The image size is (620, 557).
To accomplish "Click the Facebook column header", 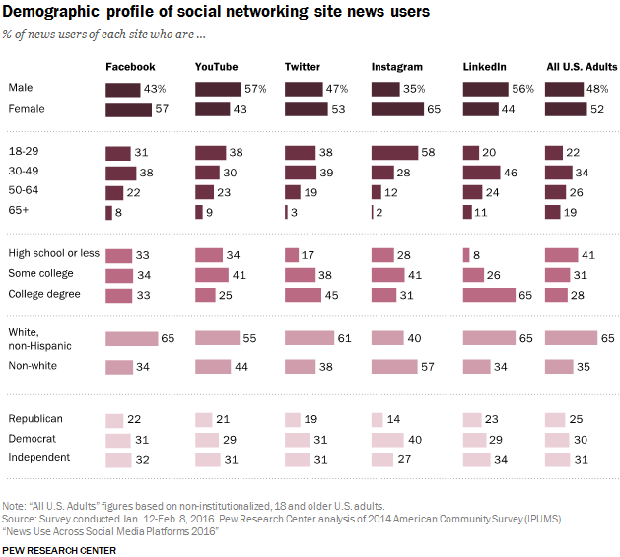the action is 130,67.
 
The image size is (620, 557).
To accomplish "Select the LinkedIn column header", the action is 484,67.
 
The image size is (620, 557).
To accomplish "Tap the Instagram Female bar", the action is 397,109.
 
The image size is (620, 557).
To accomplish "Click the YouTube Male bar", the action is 218,90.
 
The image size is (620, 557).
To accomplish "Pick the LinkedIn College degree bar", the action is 489,295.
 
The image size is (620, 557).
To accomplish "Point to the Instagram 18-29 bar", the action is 394,153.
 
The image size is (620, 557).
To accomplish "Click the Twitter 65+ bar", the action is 286,212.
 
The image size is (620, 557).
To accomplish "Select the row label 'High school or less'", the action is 54,253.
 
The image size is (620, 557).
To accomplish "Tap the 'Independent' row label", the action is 39,457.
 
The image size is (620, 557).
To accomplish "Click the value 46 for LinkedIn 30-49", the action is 510,173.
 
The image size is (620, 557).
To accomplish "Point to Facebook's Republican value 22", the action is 134,419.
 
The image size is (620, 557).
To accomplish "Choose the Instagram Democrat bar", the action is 387,440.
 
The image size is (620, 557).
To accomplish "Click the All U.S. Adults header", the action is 582,67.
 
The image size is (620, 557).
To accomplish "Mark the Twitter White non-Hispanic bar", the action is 310,338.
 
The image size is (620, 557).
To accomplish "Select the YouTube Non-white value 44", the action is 241,367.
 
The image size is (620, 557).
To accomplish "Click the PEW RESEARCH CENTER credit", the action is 59,551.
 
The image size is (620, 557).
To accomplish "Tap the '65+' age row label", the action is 18,210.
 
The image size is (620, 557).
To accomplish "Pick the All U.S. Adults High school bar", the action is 562,255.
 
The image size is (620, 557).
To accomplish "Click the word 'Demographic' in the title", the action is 50,12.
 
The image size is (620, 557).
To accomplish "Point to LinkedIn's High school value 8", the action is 476,255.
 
